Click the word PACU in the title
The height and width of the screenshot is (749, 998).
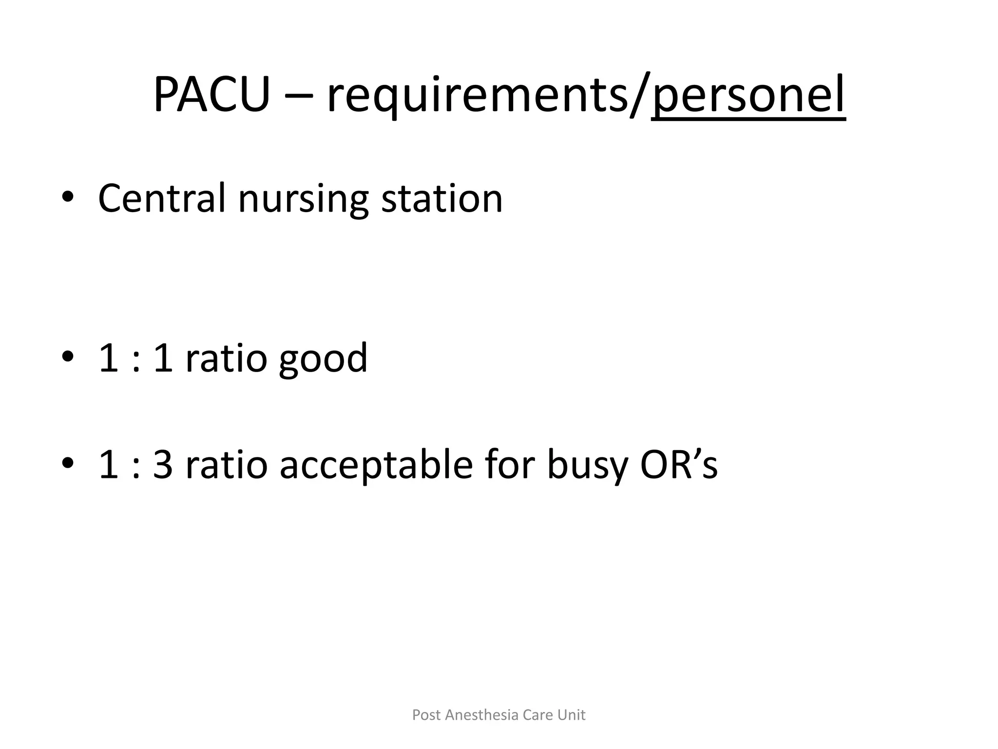point(211,95)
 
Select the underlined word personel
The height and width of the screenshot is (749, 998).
point(748,95)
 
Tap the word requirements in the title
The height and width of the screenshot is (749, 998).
point(478,95)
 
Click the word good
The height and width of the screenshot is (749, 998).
point(323,359)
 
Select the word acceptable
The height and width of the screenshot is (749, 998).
point(376,465)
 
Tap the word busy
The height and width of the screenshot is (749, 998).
point(586,465)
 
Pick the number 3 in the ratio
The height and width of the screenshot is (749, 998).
point(163,465)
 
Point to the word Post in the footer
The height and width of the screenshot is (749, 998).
point(426,715)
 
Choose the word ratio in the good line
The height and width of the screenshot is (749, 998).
point(227,358)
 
